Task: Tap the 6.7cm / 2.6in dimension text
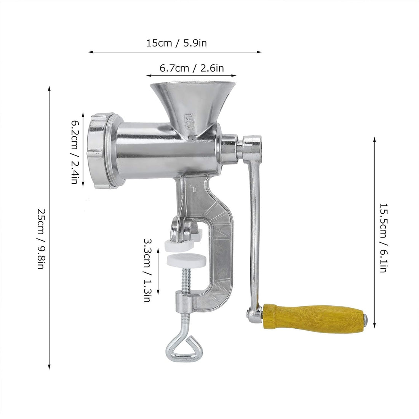pos(191,68)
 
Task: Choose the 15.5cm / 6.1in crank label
pos(383,238)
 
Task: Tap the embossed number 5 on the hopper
pos(189,122)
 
